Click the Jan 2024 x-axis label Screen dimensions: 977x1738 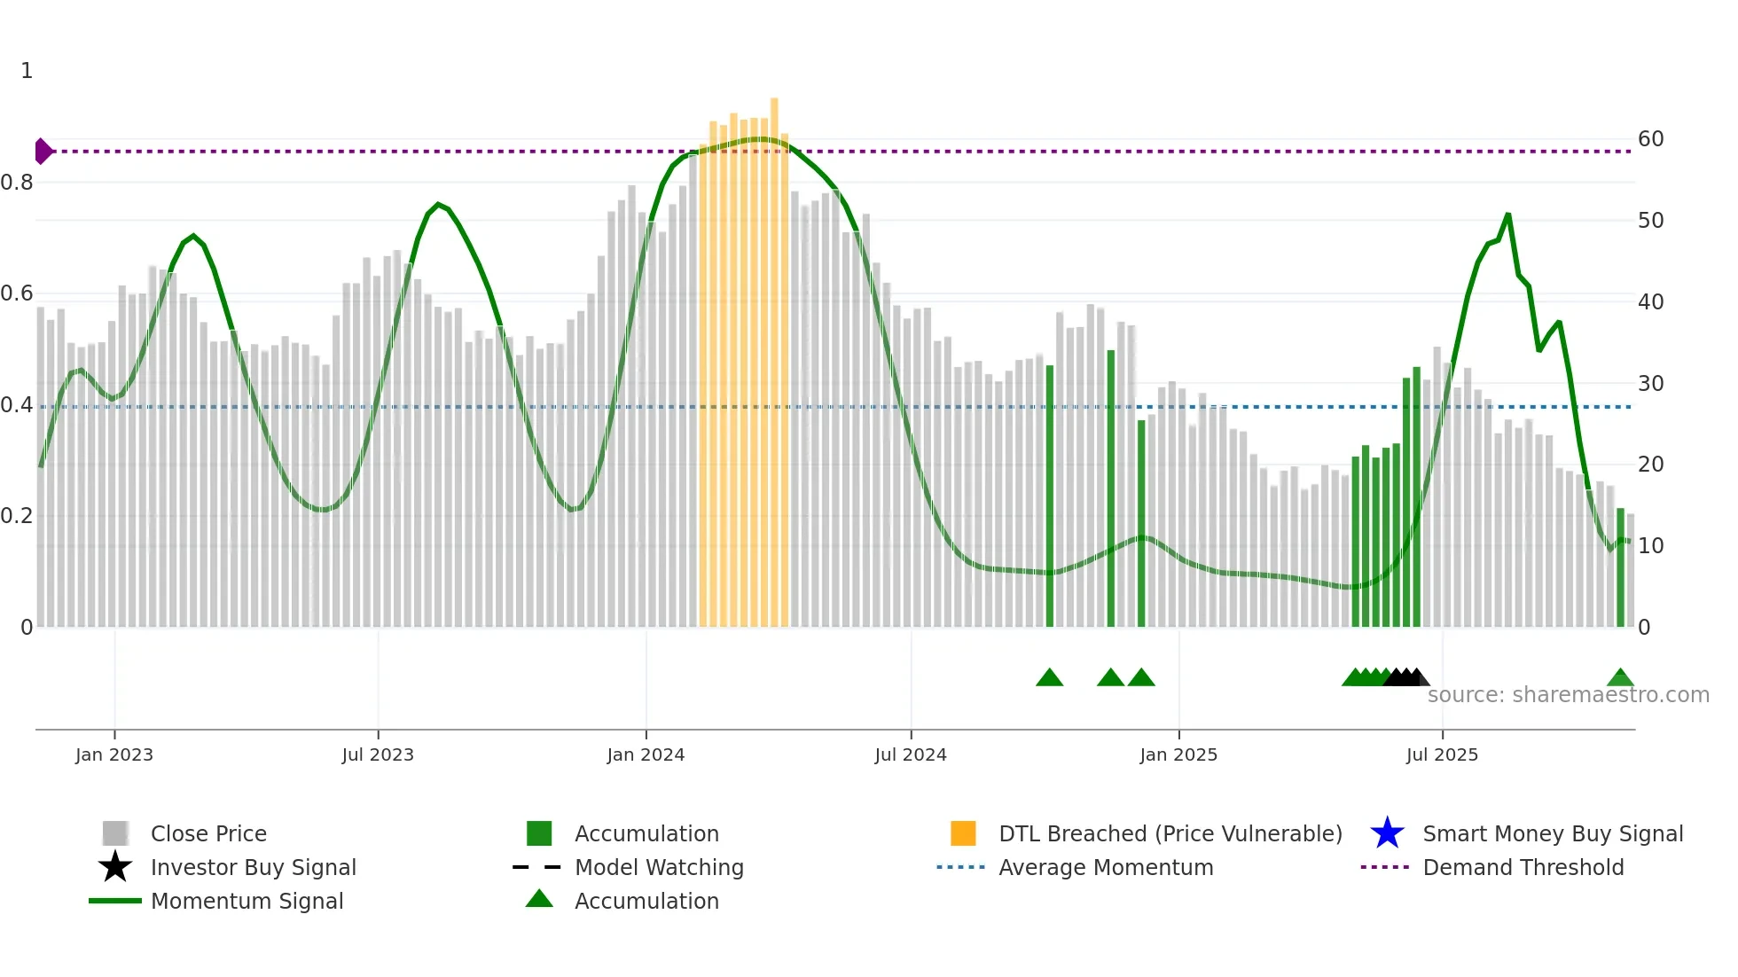point(646,754)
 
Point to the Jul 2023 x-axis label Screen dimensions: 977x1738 point(378,754)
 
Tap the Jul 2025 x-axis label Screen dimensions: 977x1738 point(1442,754)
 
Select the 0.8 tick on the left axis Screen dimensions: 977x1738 point(17,183)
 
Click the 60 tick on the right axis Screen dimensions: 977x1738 point(1650,139)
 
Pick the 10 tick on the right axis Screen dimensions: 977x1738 point(1650,546)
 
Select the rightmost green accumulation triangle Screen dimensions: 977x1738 point(1620,678)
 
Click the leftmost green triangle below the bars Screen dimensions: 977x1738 point(1049,678)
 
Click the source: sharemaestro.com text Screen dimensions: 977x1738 point(1568,695)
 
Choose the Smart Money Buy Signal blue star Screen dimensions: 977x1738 point(1387,833)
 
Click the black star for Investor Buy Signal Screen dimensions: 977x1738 point(115,867)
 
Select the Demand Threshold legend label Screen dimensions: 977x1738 point(1523,867)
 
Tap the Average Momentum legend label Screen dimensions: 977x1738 point(1106,867)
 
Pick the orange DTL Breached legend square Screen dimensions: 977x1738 point(963,833)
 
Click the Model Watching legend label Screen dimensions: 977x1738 point(659,867)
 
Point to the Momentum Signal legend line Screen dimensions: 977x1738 point(115,901)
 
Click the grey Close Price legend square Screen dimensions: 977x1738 point(115,833)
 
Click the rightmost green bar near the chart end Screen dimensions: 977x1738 point(1620,567)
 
